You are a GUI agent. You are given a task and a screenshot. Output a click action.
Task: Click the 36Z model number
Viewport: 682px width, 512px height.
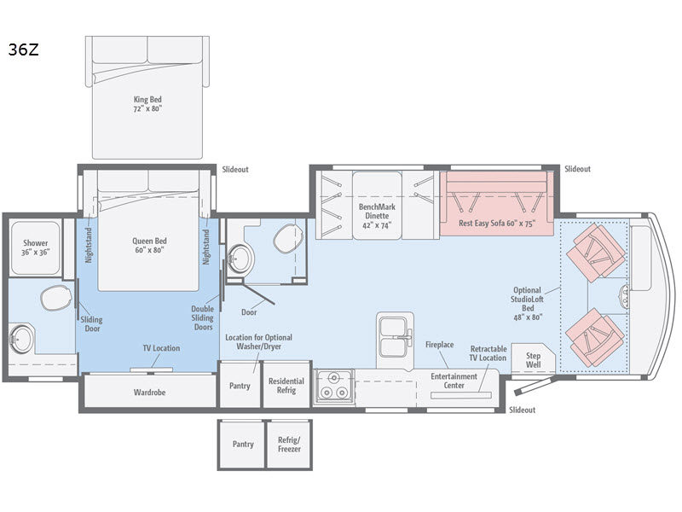coord(24,49)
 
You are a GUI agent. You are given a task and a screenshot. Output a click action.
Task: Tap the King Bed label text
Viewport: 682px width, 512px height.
coord(147,99)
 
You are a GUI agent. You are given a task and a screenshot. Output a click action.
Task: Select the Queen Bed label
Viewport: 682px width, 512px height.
coord(149,241)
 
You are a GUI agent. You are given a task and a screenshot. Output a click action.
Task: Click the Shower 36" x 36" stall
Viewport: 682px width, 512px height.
coord(35,248)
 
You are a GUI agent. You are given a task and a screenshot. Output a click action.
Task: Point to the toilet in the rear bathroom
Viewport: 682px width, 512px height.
coord(56,298)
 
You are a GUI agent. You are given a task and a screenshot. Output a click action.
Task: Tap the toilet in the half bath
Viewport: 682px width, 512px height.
coord(287,238)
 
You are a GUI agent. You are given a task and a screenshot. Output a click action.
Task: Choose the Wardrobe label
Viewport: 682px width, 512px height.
coord(149,393)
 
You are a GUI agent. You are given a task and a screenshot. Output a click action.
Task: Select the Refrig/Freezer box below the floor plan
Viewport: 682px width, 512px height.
coord(289,445)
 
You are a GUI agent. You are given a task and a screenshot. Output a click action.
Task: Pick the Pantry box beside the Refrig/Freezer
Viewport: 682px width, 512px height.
coord(242,445)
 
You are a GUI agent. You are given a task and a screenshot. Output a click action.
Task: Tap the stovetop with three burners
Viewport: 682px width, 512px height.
coord(333,386)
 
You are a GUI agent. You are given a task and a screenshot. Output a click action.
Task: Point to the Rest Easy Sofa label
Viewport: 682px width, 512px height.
coord(497,223)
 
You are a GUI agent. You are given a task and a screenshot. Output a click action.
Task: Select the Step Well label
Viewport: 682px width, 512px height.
coord(533,360)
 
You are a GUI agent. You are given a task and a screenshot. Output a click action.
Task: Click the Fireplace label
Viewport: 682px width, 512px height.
coord(439,345)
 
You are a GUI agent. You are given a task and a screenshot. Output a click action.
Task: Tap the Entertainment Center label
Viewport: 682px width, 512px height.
coord(454,381)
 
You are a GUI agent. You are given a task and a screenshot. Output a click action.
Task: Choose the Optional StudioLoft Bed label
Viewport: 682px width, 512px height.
coord(527,304)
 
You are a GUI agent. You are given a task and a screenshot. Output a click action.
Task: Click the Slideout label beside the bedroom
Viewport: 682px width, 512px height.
coord(235,169)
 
